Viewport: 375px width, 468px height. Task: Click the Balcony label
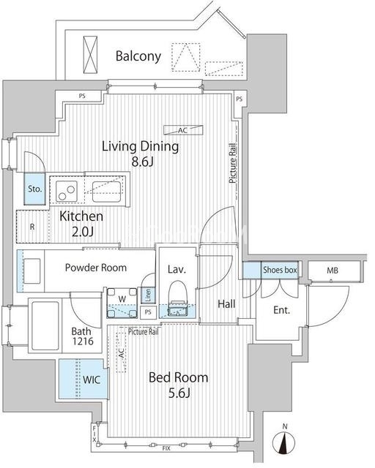tap(138, 56)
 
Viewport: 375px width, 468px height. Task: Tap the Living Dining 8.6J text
tap(141, 154)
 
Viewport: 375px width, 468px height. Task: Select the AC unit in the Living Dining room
tap(183, 130)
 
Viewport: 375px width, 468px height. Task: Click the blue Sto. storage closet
tap(34, 189)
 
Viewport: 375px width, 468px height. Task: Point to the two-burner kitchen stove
tap(67, 191)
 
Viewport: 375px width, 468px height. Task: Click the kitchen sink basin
tap(106, 192)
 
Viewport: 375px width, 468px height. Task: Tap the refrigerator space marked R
tap(32, 227)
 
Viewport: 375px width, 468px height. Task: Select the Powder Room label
tap(96, 268)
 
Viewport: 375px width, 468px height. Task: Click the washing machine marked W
tap(122, 302)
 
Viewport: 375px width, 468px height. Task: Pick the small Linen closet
tap(148, 295)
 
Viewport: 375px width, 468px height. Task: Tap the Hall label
tap(226, 304)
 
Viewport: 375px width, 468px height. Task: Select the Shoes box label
tap(280, 270)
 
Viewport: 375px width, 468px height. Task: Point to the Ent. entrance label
tap(282, 310)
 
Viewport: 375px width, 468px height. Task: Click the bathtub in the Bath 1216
tap(45, 325)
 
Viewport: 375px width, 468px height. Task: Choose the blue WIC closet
tap(83, 379)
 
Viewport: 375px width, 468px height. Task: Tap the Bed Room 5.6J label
tap(179, 385)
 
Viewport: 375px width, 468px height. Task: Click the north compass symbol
tap(284, 440)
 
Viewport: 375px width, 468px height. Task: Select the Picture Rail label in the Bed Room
tap(144, 331)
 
